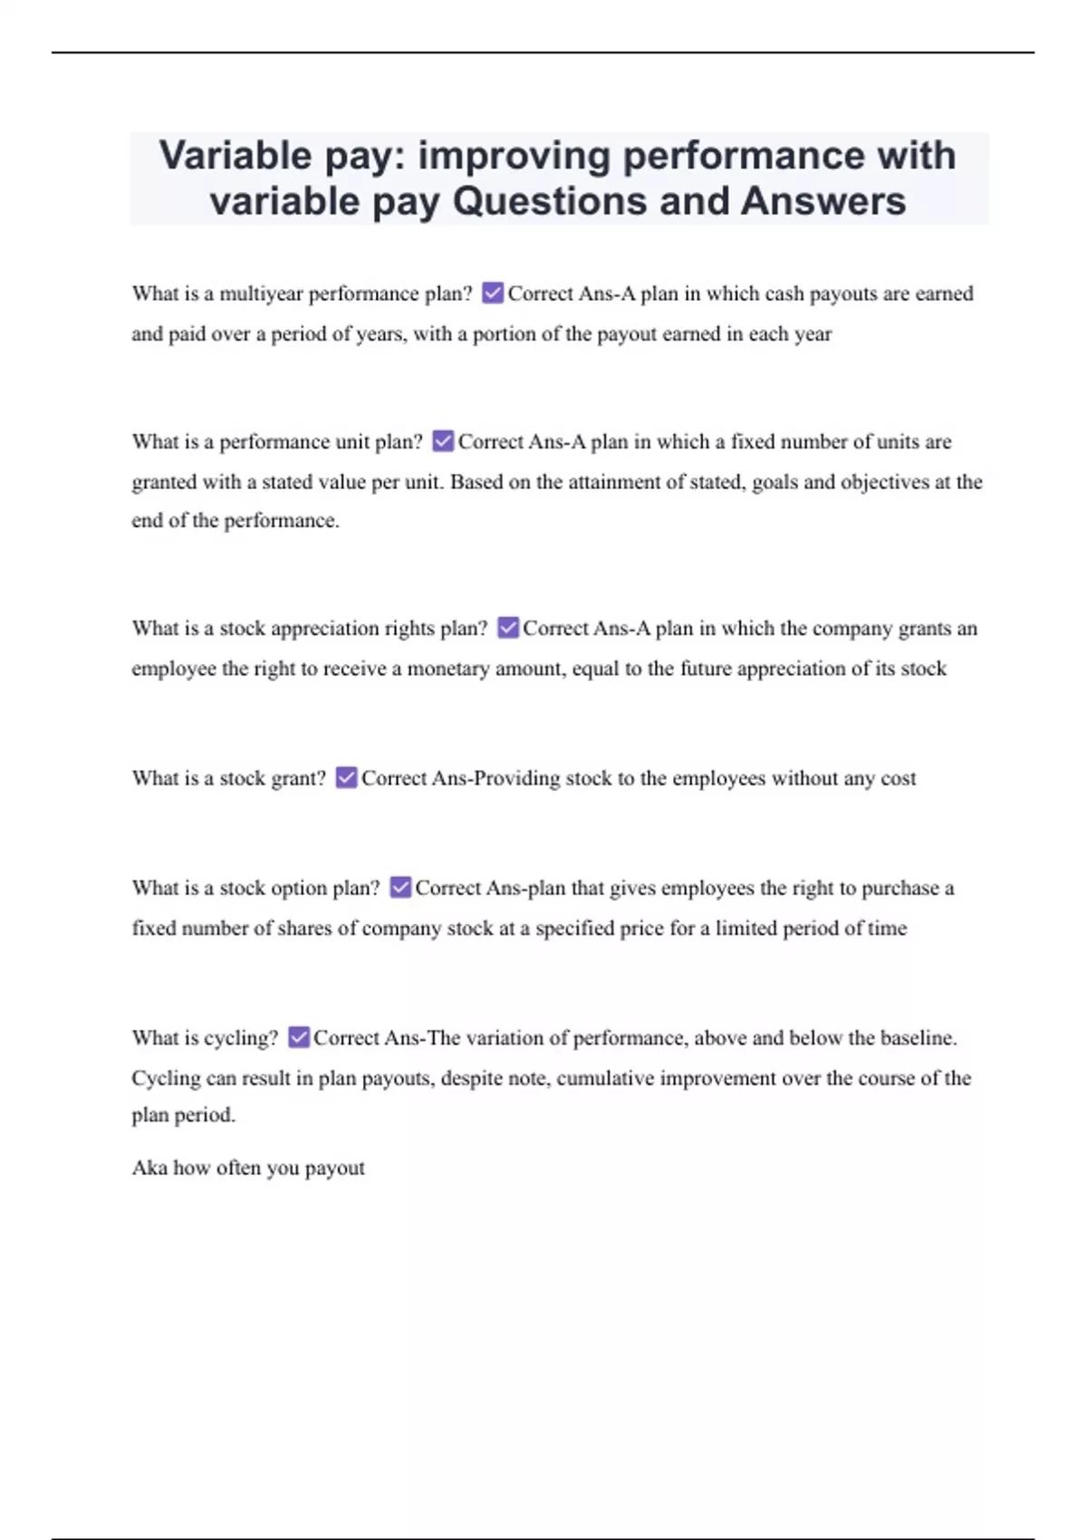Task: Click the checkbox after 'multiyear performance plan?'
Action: tap(493, 293)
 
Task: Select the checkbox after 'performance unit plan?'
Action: tap(443, 441)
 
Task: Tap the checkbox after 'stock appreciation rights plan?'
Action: tap(508, 628)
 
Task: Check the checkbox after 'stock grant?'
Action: tap(346, 777)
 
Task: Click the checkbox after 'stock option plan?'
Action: tap(400, 888)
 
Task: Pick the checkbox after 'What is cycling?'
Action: tap(299, 1037)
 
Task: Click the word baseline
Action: tap(918, 1037)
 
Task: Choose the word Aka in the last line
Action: tap(149, 1168)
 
